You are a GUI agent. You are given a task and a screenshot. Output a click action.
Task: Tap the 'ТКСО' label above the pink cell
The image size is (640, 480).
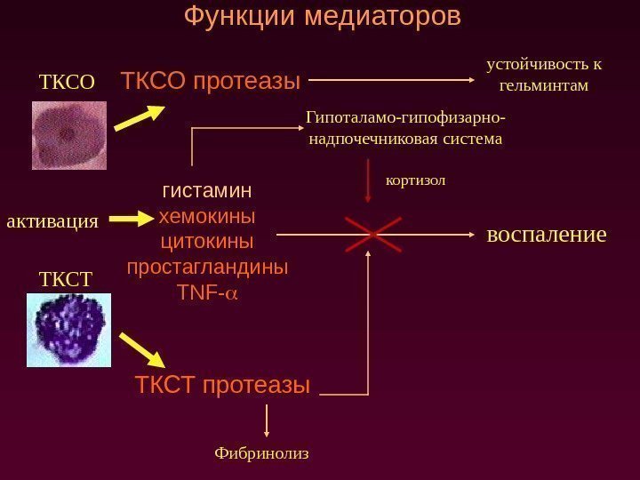(67, 84)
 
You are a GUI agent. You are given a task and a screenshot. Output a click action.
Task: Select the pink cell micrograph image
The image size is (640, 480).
(69, 135)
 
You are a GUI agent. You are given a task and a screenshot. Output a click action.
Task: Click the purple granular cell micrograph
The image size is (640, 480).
(69, 330)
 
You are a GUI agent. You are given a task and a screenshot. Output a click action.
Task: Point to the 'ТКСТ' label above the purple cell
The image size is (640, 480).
(66, 279)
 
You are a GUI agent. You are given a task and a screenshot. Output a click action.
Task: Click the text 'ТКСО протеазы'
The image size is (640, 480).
(212, 82)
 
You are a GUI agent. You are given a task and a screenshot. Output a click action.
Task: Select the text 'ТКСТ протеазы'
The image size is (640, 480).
(223, 385)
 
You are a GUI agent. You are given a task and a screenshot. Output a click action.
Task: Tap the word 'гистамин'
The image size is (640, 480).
(207, 191)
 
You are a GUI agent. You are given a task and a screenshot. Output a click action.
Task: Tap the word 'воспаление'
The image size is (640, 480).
(547, 235)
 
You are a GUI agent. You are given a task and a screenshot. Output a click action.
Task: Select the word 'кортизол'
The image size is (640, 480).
(415, 180)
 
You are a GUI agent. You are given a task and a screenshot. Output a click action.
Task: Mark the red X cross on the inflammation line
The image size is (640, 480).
(371, 235)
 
